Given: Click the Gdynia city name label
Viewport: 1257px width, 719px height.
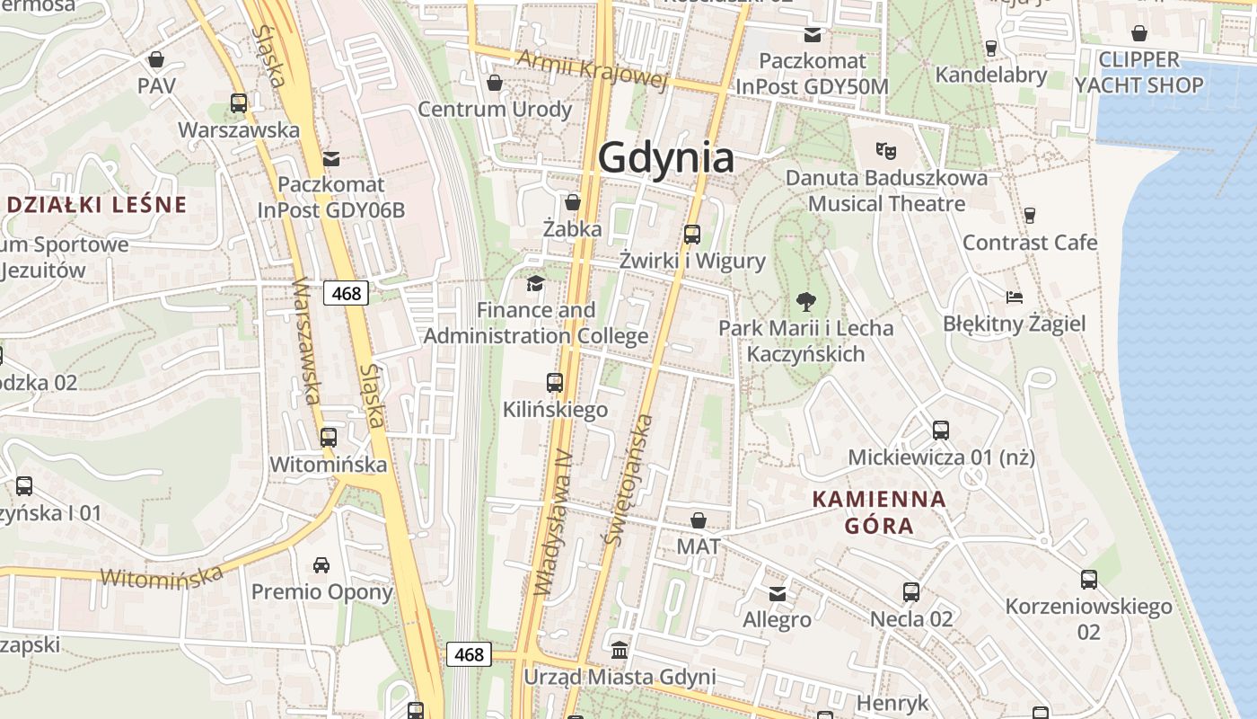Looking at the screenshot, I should [x=665, y=158].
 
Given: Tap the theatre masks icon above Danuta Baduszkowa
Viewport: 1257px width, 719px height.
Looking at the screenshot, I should [x=886, y=150].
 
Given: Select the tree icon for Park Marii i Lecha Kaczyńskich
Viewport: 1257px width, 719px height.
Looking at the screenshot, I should [x=806, y=302].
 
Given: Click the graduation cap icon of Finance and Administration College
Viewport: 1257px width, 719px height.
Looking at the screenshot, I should [x=535, y=284].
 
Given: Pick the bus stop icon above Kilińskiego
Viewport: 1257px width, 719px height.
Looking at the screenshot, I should [x=555, y=383].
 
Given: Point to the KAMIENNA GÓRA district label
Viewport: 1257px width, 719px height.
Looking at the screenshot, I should [x=879, y=512].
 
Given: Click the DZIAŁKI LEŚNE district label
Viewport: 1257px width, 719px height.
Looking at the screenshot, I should [x=96, y=204].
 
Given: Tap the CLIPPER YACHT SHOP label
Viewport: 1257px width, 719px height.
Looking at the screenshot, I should [x=1138, y=73].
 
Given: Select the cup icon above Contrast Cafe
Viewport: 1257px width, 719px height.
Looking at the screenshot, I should [x=1030, y=216].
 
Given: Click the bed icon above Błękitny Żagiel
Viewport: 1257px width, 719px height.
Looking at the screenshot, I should [x=1015, y=297].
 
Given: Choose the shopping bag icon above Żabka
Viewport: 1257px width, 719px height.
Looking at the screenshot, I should [x=573, y=202].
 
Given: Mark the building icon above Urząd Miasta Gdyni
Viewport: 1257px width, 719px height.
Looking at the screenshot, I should [x=620, y=649].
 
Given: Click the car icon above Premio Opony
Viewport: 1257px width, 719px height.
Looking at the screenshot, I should [x=321, y=565].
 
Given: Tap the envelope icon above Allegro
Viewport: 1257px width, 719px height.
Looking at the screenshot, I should [x=778, y=593].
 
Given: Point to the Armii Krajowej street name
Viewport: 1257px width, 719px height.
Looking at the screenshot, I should [x=593, y=70].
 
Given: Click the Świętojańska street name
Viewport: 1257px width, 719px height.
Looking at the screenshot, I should [x=628, y=480].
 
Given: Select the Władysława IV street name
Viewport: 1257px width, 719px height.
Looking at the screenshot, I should [x=553, y=522].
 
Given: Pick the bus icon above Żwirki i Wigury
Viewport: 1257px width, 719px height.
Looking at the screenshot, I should [x=692, y=235].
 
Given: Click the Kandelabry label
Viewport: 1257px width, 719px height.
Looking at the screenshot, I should [x=991, y=75].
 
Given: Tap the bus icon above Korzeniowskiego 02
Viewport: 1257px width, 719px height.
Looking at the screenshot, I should [x=1089, y=580].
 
